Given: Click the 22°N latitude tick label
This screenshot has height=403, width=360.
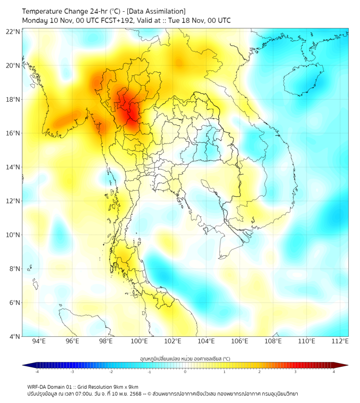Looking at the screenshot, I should point(13,31).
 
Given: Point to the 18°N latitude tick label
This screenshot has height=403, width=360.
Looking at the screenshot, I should point(13,99).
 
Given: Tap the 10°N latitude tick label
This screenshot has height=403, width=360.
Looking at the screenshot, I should point(13,235).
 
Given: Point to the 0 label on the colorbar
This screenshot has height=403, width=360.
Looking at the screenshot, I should point(185,372).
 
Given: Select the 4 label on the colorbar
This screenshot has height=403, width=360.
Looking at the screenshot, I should point(334,372).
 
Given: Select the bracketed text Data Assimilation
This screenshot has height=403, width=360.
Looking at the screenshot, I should point(154,11).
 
